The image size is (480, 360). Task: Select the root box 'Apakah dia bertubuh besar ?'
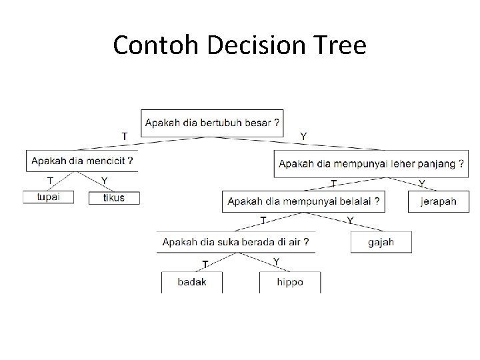coord(213,123)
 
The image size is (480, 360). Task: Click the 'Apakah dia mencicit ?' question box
coord(82,161)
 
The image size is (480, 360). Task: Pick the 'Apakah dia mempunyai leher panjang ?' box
coord(371,164)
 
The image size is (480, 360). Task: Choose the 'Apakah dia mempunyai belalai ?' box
coord(304,201)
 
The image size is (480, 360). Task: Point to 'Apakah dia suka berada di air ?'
coord(236,241)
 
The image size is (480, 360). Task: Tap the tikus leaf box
coord(114,197)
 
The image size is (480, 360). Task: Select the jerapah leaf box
coord(439,201)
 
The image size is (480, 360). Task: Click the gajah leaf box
coord(381,242)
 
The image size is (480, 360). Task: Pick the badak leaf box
coord(192,282)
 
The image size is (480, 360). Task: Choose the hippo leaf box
coord(290,282)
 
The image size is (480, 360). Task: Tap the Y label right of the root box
coord(304,136)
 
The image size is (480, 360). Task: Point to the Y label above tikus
coord(104,181)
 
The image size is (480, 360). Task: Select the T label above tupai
coord(50,181)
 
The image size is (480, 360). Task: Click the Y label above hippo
coord(277,261)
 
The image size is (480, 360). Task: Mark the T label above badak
coord(206,263)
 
